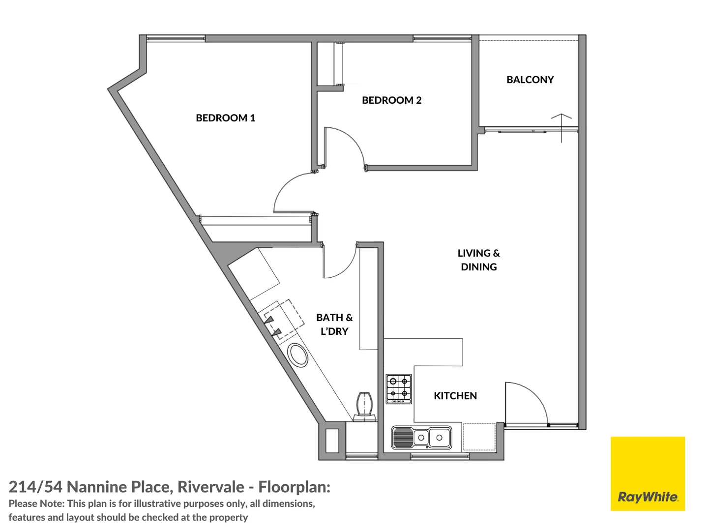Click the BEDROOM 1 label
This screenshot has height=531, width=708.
225,118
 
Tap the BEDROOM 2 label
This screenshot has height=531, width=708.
391,100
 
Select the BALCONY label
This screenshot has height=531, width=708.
530,80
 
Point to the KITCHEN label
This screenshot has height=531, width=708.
455,396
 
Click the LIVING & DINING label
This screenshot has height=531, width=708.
478,260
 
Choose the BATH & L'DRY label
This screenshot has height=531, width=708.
334,324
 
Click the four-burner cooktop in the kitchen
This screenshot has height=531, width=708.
398,389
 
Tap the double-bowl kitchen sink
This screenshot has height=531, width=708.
421,437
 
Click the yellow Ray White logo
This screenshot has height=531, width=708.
648,473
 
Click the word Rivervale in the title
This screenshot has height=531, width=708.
211,487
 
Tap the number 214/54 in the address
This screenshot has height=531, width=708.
35,487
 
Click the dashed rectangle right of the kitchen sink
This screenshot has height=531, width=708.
479,437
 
